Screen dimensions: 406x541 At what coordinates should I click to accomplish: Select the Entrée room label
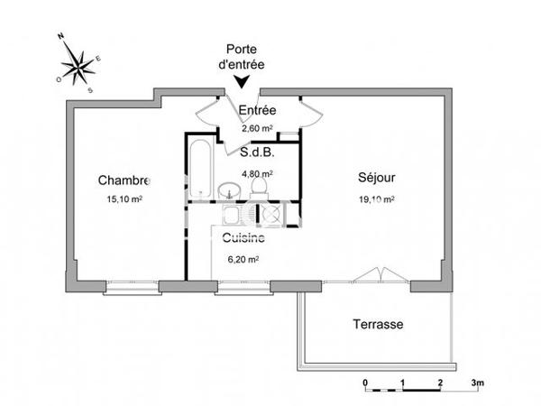257,111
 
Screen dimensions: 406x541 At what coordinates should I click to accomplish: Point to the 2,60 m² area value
257,129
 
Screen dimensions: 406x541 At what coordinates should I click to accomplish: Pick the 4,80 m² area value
257,174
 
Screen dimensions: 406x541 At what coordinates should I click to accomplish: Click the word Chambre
124,180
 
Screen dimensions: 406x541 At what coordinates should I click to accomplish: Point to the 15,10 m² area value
124,198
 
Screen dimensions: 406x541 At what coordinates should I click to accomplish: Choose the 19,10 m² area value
376,198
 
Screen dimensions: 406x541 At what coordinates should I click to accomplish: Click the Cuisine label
243,239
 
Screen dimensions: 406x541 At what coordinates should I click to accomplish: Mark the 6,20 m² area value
243,259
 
